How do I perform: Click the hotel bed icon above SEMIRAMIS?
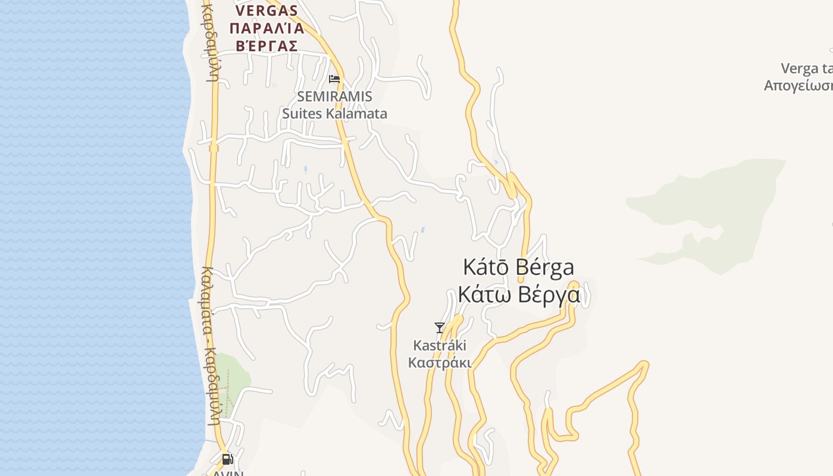(334, 79)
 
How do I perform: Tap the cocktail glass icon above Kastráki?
(440, 327)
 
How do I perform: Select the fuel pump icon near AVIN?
(227, 459)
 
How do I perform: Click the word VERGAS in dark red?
(266, 11)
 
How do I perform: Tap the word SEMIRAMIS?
(334, 96)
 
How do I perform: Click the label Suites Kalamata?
(334, 113)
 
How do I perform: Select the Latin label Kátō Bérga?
(518, 267)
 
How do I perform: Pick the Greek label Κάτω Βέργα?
(518, 295)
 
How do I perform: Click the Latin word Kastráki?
(440, 345)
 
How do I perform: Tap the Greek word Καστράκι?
(440, 362)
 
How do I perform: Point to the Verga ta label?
(806, 68)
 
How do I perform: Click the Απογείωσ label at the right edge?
(798, 85)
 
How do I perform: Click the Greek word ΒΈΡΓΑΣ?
(266, 46)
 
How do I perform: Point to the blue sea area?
(89, 238)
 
